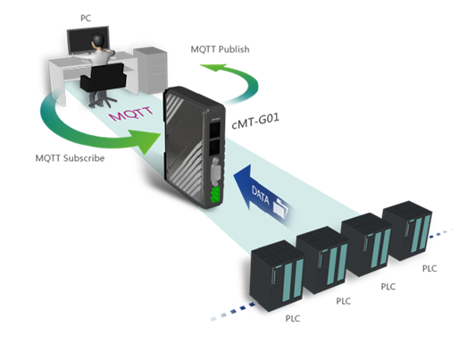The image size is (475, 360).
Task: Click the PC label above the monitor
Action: coord(86,18)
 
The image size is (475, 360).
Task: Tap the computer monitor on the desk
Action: coord(87,40)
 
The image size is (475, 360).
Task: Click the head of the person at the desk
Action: coord(98,40)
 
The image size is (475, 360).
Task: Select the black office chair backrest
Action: coord(103,78)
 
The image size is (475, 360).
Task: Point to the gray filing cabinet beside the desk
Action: coord(150,70)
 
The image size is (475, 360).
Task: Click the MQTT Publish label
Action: coord(220,49)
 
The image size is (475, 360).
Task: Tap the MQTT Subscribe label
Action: coord(70,158)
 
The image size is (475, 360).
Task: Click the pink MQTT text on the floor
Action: coord(131,113)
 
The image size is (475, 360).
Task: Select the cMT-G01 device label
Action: coord(255,121)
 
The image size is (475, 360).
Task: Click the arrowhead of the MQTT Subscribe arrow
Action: coord(147,141)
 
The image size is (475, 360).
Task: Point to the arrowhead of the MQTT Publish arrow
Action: coord(214,68)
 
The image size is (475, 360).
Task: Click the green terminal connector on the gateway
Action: coord(216,195)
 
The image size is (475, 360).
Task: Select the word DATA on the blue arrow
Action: coord(260,195)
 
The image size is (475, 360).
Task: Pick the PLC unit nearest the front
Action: coord(277,275)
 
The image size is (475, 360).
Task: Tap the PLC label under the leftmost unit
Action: coord(293,319)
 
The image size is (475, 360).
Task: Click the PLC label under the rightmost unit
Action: coord(429,269)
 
